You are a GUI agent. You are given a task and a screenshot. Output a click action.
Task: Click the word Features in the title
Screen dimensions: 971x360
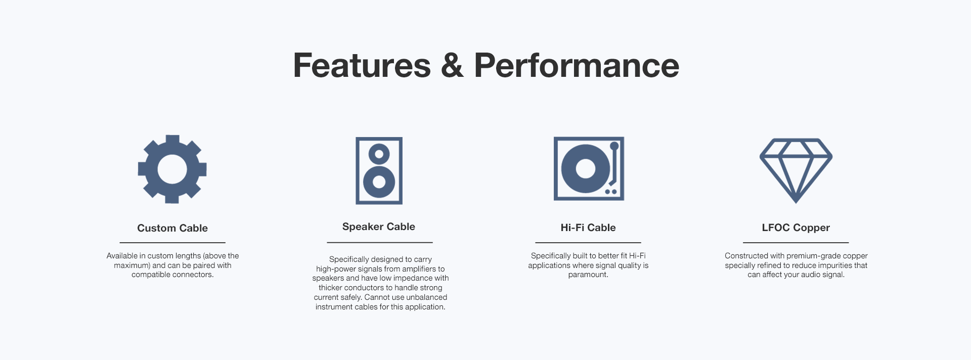point(362,66)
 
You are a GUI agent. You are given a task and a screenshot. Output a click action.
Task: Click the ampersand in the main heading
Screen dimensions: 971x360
point(452,66)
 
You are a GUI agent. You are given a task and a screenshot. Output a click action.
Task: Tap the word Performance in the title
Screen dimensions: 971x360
point(577,66)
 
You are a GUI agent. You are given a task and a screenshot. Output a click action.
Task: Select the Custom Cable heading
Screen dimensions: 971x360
point(172,228)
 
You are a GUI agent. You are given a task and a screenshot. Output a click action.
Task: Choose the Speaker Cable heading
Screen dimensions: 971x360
point(379,227)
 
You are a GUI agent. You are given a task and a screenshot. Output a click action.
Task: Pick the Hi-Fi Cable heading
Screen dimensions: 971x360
point(588,228)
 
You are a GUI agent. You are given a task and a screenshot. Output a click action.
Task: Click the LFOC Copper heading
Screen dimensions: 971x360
point(796,228)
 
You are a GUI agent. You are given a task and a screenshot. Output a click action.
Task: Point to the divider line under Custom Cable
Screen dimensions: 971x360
point(172,243)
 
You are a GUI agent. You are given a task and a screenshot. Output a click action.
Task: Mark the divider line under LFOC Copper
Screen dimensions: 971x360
point(796,243)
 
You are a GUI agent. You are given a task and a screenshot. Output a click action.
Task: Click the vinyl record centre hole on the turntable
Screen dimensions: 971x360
point(586,168)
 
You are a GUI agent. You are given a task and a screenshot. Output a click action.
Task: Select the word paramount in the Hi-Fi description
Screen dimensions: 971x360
point(588,275)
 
